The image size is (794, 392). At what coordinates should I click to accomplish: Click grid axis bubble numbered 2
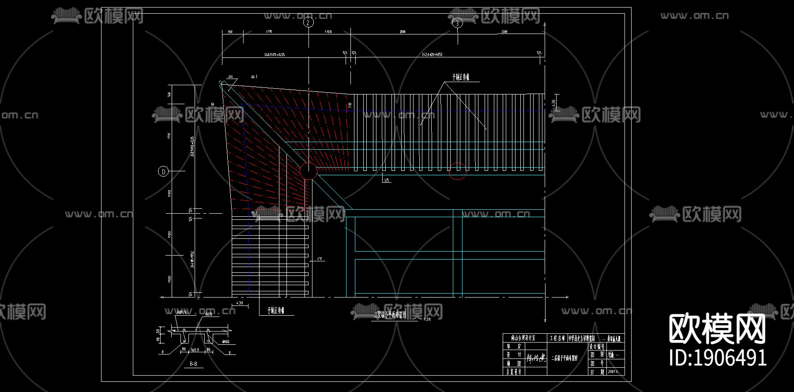(308, 22)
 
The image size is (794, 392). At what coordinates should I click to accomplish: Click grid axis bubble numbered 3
(458, 23)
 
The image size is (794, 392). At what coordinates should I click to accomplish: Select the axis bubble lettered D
(164, 171)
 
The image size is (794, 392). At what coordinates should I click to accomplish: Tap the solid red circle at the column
(308, 171)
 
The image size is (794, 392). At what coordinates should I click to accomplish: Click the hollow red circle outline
(457, 171)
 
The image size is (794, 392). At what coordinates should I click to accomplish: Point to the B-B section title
(193, 364)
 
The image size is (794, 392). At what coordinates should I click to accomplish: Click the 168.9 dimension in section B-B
(194, 350)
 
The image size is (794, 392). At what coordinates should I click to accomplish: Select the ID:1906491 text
(718, 358)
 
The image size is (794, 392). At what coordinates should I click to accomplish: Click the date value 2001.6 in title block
(613, 372)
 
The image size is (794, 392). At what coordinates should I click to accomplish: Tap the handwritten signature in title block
(536, 355)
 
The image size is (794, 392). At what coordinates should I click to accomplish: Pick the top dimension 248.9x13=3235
(275, 55)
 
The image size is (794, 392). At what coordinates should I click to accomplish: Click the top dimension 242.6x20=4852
(432, 55)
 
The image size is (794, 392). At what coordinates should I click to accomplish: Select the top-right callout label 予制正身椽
(460, 77)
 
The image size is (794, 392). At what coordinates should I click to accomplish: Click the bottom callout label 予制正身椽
(276, 310)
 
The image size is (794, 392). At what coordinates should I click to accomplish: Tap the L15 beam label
(387, 180)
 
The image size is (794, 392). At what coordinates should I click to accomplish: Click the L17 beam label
(320, 259)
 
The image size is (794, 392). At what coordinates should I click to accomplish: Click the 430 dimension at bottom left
(240, 303)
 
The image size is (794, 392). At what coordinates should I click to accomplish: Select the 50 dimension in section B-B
(158, 331)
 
